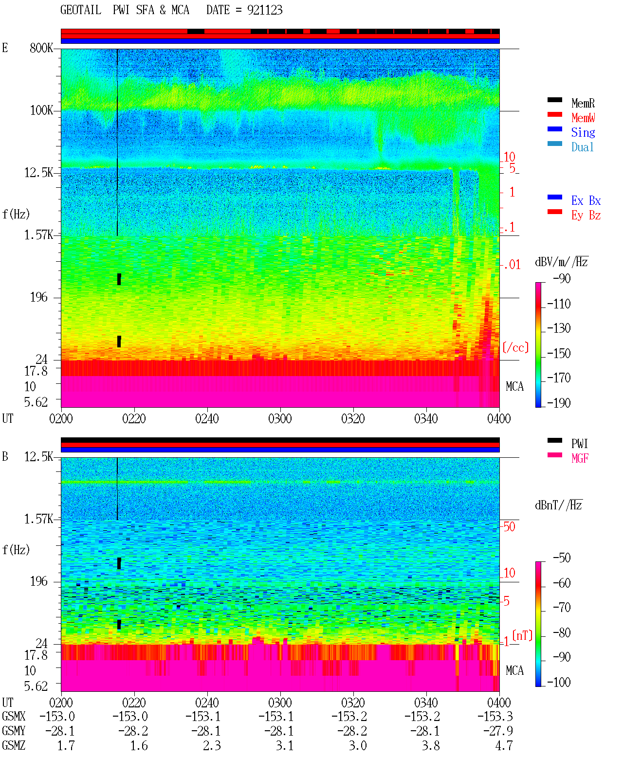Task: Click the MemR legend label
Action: tap(583, 103)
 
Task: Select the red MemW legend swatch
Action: tap(554, 114)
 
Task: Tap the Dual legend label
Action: tap(582, 147)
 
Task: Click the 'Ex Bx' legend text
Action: tap(586, 200)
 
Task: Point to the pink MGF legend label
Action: tap(580, 458)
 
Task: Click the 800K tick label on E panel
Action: tap(41, 48)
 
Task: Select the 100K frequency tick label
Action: tap(41, 110)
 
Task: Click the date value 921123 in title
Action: tap(265, 10)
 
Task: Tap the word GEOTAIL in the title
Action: tap(81, 10)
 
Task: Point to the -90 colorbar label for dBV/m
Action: tap(562, 278)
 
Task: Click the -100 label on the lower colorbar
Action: tap(559, 682)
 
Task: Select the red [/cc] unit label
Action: tap(515, 347)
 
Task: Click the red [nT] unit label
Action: tap(522, 635)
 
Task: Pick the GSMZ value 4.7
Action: tap(504, 745)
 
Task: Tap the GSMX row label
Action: tap(14, 716)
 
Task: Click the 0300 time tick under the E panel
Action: tap(280, 418)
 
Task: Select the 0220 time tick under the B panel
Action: tap(134, 703)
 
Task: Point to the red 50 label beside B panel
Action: tap(509, 526)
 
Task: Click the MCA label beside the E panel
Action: tap(514, 386)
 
